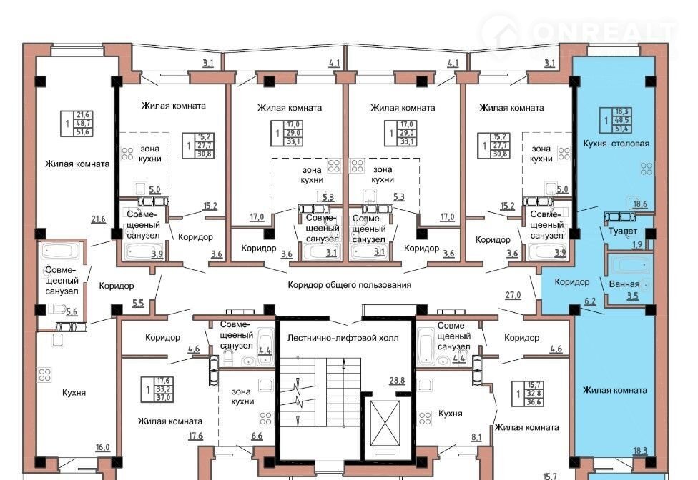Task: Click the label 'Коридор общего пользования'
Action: click(x=349, y=285)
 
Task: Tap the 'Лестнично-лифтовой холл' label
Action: click(x=343, y=338)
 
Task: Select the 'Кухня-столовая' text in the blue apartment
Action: click(x=616, y=144)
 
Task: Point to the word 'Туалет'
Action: click(x=623, y=231)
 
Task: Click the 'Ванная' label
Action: click(x=624, y=284)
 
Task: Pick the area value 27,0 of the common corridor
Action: click(x=513, y=295)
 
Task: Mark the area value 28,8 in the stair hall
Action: click(x=397, y=381)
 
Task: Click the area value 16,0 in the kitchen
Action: click(x=102, y=447)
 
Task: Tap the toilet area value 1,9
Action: click(x=637, y=244)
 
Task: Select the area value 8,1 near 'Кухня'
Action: click(x=476, y=437)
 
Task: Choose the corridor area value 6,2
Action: click(x=590, y=301)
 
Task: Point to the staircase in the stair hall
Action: click(x=320, y=392)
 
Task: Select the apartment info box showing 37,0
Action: click(x=157, y=390)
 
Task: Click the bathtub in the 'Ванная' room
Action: click(x=630, y=265)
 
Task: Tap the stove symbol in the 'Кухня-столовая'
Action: click(x=647, y=169)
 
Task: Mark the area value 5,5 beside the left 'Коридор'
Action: click(x=138, y=304)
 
